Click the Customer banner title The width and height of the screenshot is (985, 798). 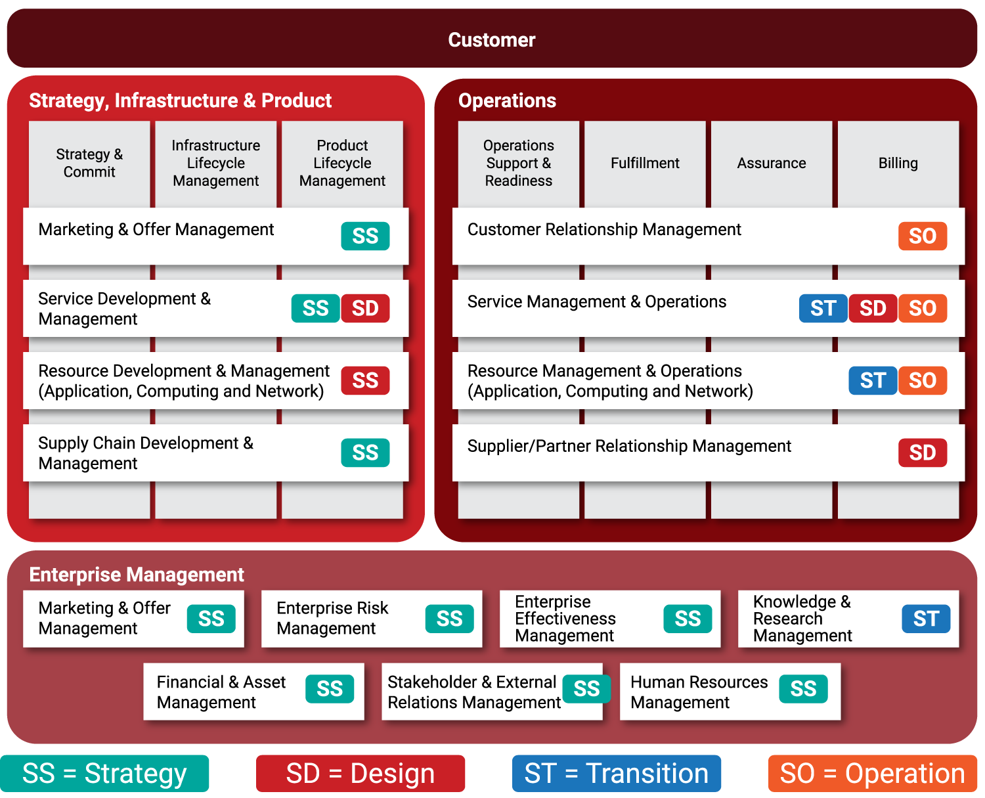(491, 40)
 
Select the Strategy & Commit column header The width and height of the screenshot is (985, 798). (89, 163)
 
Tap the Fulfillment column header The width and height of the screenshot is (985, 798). (645, 163)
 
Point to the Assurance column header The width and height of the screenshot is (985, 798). (771, 163)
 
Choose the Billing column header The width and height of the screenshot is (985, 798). (898, 163)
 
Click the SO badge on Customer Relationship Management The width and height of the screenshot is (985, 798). (922, 236)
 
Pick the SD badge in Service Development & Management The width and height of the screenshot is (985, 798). (365, 308)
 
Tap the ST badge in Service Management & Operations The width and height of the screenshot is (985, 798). (823, 308)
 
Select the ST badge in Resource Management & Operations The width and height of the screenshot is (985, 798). (873, 380)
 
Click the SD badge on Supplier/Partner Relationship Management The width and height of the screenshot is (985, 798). (922, 453)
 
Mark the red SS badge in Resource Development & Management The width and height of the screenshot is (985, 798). (365, 380)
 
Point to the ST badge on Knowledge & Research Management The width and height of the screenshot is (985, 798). (925, 619)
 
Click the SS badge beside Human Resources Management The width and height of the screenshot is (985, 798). (803, 688)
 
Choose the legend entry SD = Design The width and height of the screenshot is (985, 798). (361, 774)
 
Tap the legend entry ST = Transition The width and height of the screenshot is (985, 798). (616, 774)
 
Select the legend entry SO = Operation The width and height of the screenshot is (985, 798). (872, 774)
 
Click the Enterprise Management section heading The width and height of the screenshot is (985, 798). (137, 575)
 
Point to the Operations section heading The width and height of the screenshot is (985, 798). (507, 100)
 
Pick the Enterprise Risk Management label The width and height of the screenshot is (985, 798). (332, 618)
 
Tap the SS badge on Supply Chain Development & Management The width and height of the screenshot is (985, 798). (365, 453)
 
